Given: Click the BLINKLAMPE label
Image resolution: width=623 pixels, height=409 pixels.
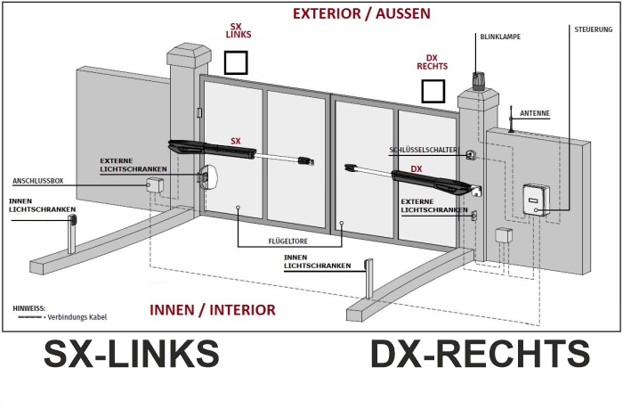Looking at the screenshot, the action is (500, 37).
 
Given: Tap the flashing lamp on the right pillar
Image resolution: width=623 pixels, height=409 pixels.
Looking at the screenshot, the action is (477, 81).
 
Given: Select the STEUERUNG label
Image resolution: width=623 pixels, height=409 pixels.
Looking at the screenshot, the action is (594, 29).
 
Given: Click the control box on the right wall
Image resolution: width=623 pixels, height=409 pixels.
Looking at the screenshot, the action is (536, 200).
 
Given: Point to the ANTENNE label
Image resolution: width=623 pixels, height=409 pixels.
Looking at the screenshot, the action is (535, 113).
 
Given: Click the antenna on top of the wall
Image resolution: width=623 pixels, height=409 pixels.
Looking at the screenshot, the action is (511, 119).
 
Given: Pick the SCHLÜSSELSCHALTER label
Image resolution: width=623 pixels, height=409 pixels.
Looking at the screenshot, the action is (423, 150).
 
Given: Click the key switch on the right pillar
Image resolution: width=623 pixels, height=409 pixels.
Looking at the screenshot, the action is (471, 155).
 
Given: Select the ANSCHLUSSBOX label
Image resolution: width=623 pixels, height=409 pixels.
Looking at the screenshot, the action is (38, 181).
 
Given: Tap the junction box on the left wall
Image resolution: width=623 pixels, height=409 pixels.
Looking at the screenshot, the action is (154, 185).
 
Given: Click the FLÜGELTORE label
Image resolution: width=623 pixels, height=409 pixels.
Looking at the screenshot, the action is (288, 241).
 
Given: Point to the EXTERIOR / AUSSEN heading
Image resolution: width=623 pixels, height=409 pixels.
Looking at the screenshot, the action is (361, 13).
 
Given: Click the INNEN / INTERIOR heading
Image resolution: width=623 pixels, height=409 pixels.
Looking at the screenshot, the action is (213, 310).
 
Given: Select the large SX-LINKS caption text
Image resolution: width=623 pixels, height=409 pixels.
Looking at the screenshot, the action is (131, 354).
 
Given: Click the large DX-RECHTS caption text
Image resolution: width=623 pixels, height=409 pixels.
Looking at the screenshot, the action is (480, 354).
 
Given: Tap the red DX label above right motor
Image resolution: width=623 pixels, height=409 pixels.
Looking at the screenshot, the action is (416, 169).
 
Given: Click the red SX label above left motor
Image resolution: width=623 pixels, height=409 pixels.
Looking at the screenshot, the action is (236, 142).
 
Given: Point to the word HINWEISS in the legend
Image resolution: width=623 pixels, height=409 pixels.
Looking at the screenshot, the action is (29, 308).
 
